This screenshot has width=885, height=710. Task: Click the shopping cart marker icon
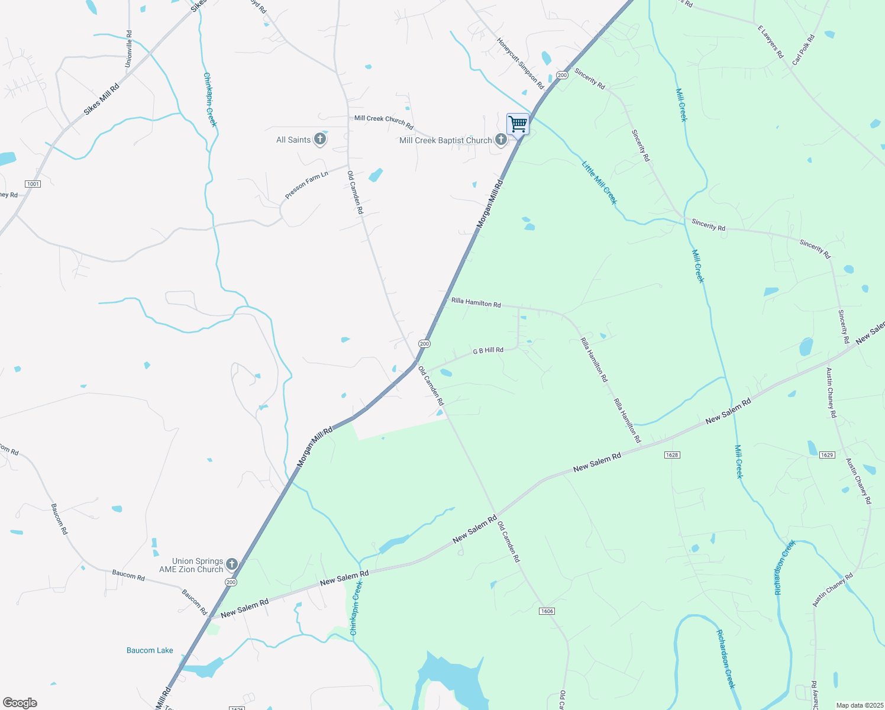pyautogui.click(x=518, y=124)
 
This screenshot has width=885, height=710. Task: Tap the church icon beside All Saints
pyautogui.click(x=320, y=140)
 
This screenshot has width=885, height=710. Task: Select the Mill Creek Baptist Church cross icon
pyautogui.click(x=501, y=140)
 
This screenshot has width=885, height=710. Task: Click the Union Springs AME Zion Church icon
pyautogui.click(x=232, y=564)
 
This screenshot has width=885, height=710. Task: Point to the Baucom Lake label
pyautogui.click(x=150, y=650)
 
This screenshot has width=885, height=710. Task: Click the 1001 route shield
pyautogui.click(x=33, y=184)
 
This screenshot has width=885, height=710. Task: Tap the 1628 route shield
pyautogui.click(x=672, y=455)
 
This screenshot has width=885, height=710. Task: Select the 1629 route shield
pyautogui.click(x=827, y=455)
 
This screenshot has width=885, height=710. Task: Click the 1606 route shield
pyautogui.click(x=547, y=611)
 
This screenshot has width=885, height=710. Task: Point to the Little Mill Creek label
pyautogui.click(x=599, y=183)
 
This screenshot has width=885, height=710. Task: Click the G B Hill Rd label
pyautogui.click(x=488, y=351)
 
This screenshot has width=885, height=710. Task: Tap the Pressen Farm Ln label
pyautogui.click(x=306, y=185)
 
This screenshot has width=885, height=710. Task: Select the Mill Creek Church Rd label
pyautogui.click(x=383, y=121)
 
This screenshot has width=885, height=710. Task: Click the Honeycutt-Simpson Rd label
pyautogui.click(x=521, y=64)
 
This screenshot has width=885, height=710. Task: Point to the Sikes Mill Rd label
pyautogui.click(x=101, y=99)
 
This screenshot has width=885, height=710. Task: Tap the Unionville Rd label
pyautogui.click(x=129, y=49)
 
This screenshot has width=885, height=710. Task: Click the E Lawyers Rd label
pyautogui.click(x=771, y=41)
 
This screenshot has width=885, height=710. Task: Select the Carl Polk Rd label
pyautogui.click(x=803, y=49)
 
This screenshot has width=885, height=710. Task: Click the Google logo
pyautogui.click(x=20, y=703)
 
